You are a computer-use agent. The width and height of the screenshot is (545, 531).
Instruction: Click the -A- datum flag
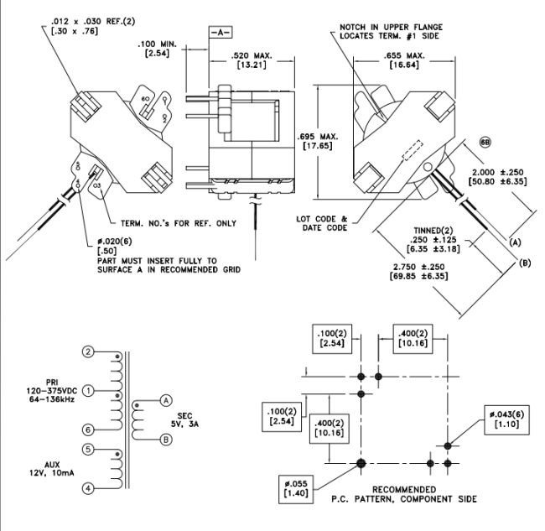(217, 34)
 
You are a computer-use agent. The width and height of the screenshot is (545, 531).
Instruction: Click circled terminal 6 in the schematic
(88, 429)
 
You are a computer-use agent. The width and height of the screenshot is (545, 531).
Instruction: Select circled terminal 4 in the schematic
(88, 487)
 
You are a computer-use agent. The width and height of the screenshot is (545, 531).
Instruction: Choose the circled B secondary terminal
(166, 440)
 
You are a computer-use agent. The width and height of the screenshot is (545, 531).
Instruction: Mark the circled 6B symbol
(485, 143)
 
